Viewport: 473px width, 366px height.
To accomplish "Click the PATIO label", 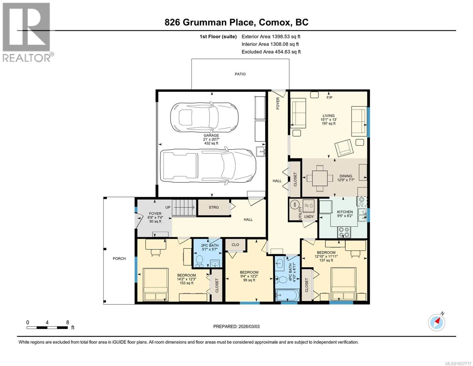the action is pos(240,74).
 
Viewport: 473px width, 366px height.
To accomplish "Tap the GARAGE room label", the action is pos(211,135).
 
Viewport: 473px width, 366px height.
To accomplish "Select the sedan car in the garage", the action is pos(204,117).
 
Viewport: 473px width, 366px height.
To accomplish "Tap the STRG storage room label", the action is pos(214,207).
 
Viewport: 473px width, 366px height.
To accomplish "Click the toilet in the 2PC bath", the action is pos(199,261).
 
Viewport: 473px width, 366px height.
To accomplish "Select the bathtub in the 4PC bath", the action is pos(287,295).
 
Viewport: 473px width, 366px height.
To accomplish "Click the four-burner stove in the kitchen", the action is pos(344,232).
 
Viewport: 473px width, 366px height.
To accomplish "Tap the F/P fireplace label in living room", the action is pos(329,98).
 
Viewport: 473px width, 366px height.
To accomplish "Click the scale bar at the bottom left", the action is pos(47,328).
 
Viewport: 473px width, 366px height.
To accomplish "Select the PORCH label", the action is pos(119,259).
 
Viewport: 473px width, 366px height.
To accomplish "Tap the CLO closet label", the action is pos(235,245).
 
